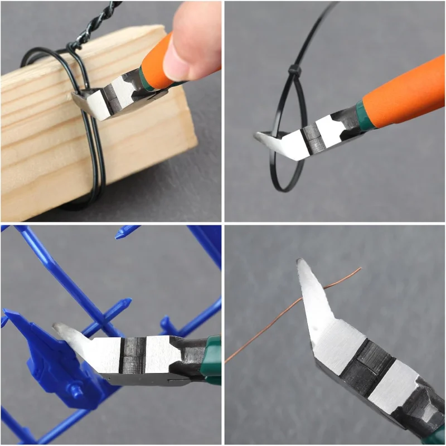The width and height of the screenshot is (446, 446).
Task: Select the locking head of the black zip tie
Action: coord(293,71)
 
